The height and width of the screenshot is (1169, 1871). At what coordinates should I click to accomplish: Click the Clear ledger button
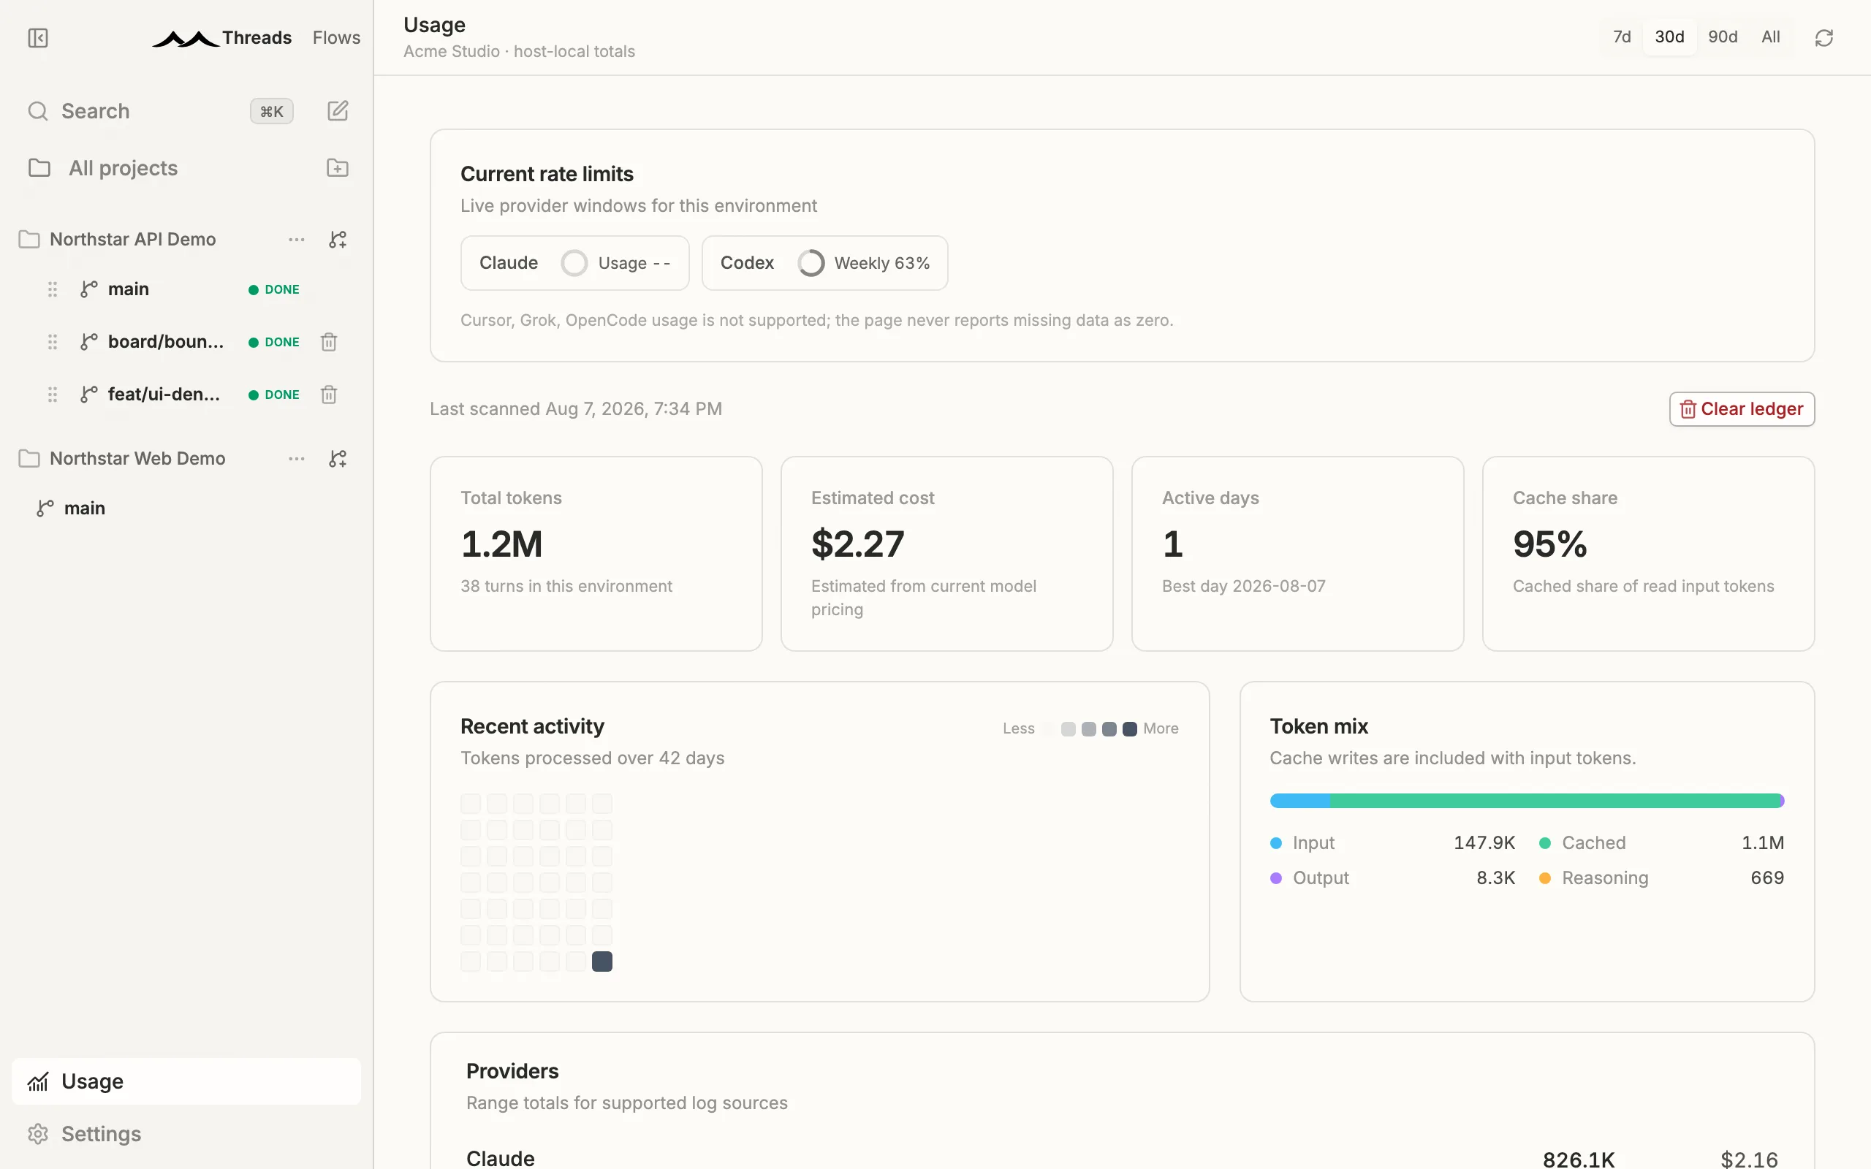[1741, 409]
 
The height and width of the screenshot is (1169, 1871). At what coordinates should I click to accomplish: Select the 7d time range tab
[1621, 37]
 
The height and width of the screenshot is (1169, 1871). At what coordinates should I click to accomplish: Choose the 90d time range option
[1723, 37]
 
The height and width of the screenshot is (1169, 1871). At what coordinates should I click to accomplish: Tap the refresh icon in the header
[1823, 38]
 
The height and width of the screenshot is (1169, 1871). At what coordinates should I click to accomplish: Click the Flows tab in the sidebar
[336, 38]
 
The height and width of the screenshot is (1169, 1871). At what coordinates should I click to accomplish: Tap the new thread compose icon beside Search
[338, 111]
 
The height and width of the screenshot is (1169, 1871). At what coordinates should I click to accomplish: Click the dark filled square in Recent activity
[602, 961]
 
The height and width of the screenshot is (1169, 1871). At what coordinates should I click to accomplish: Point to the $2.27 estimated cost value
[857, 544]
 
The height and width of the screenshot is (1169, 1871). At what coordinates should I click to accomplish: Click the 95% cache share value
[1549, 544]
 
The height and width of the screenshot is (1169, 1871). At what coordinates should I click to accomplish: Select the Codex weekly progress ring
[811, 263]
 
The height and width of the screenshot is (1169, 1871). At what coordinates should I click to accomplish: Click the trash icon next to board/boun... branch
[329, 342]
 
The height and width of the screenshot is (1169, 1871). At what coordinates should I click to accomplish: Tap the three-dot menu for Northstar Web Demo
[296, 459]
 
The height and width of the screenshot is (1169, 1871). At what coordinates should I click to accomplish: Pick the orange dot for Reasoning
[1545, 878]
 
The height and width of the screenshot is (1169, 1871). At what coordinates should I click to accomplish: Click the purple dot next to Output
[1275, 878]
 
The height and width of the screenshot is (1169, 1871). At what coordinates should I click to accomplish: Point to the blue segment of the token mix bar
[1299, 801]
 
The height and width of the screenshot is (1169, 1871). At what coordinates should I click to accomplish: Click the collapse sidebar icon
[38, 38]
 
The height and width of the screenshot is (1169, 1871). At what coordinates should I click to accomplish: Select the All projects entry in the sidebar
[123, 169]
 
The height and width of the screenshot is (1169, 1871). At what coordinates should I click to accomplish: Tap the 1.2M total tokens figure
[502, 544]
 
